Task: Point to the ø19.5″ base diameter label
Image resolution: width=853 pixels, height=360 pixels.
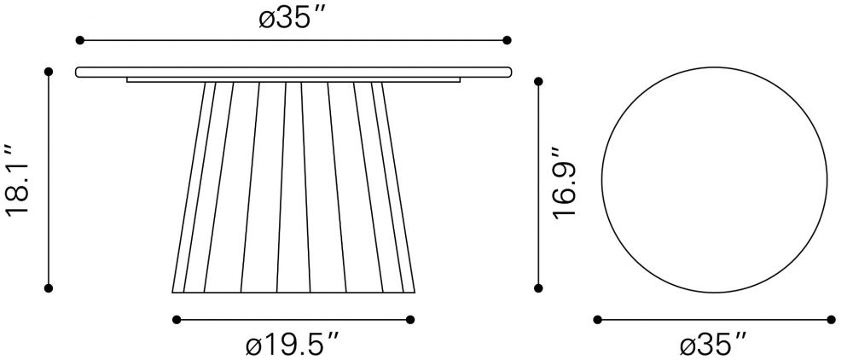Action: pyautogui.click(x=293, y=345)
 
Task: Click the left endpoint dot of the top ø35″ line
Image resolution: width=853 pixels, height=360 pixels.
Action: pyautogui.click(x=80, y=40)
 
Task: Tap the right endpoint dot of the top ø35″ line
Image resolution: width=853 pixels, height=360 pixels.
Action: pyautogui.click(x=507, y=40)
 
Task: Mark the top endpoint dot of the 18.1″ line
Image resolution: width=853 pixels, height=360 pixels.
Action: pyautogui.click(x=49, y=72)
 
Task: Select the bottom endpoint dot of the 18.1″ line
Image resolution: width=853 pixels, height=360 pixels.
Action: pyautogui.click(x=49, y=288)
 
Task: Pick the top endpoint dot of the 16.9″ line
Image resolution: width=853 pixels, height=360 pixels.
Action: pyautogui.click(x=538, y=82)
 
